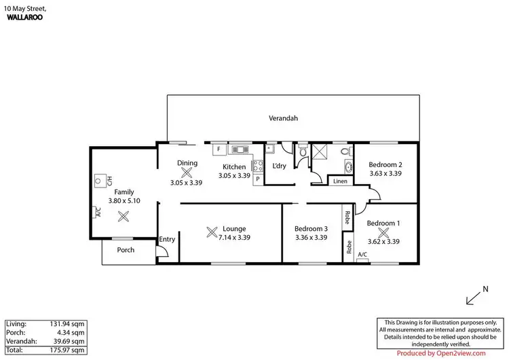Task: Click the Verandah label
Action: pyautogui.click(x=284, y=118)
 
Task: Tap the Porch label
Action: pyautogui.click(x=126, y=250)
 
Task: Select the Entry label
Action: pyautogui.click(x=167, y=239)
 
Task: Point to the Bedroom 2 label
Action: pyautogui.click(x=385, y=164)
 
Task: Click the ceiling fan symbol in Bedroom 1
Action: pyautogui.click(x=384, y=232)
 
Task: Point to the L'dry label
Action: pyautogui.click(x=279, y=166)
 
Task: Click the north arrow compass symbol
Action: pyautogui.click(x=476, y=297)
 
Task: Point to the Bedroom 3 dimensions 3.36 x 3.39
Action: pyautogui.click(x=312, y=238)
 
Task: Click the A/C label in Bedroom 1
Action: pyautogui.click(x=362, y=255)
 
